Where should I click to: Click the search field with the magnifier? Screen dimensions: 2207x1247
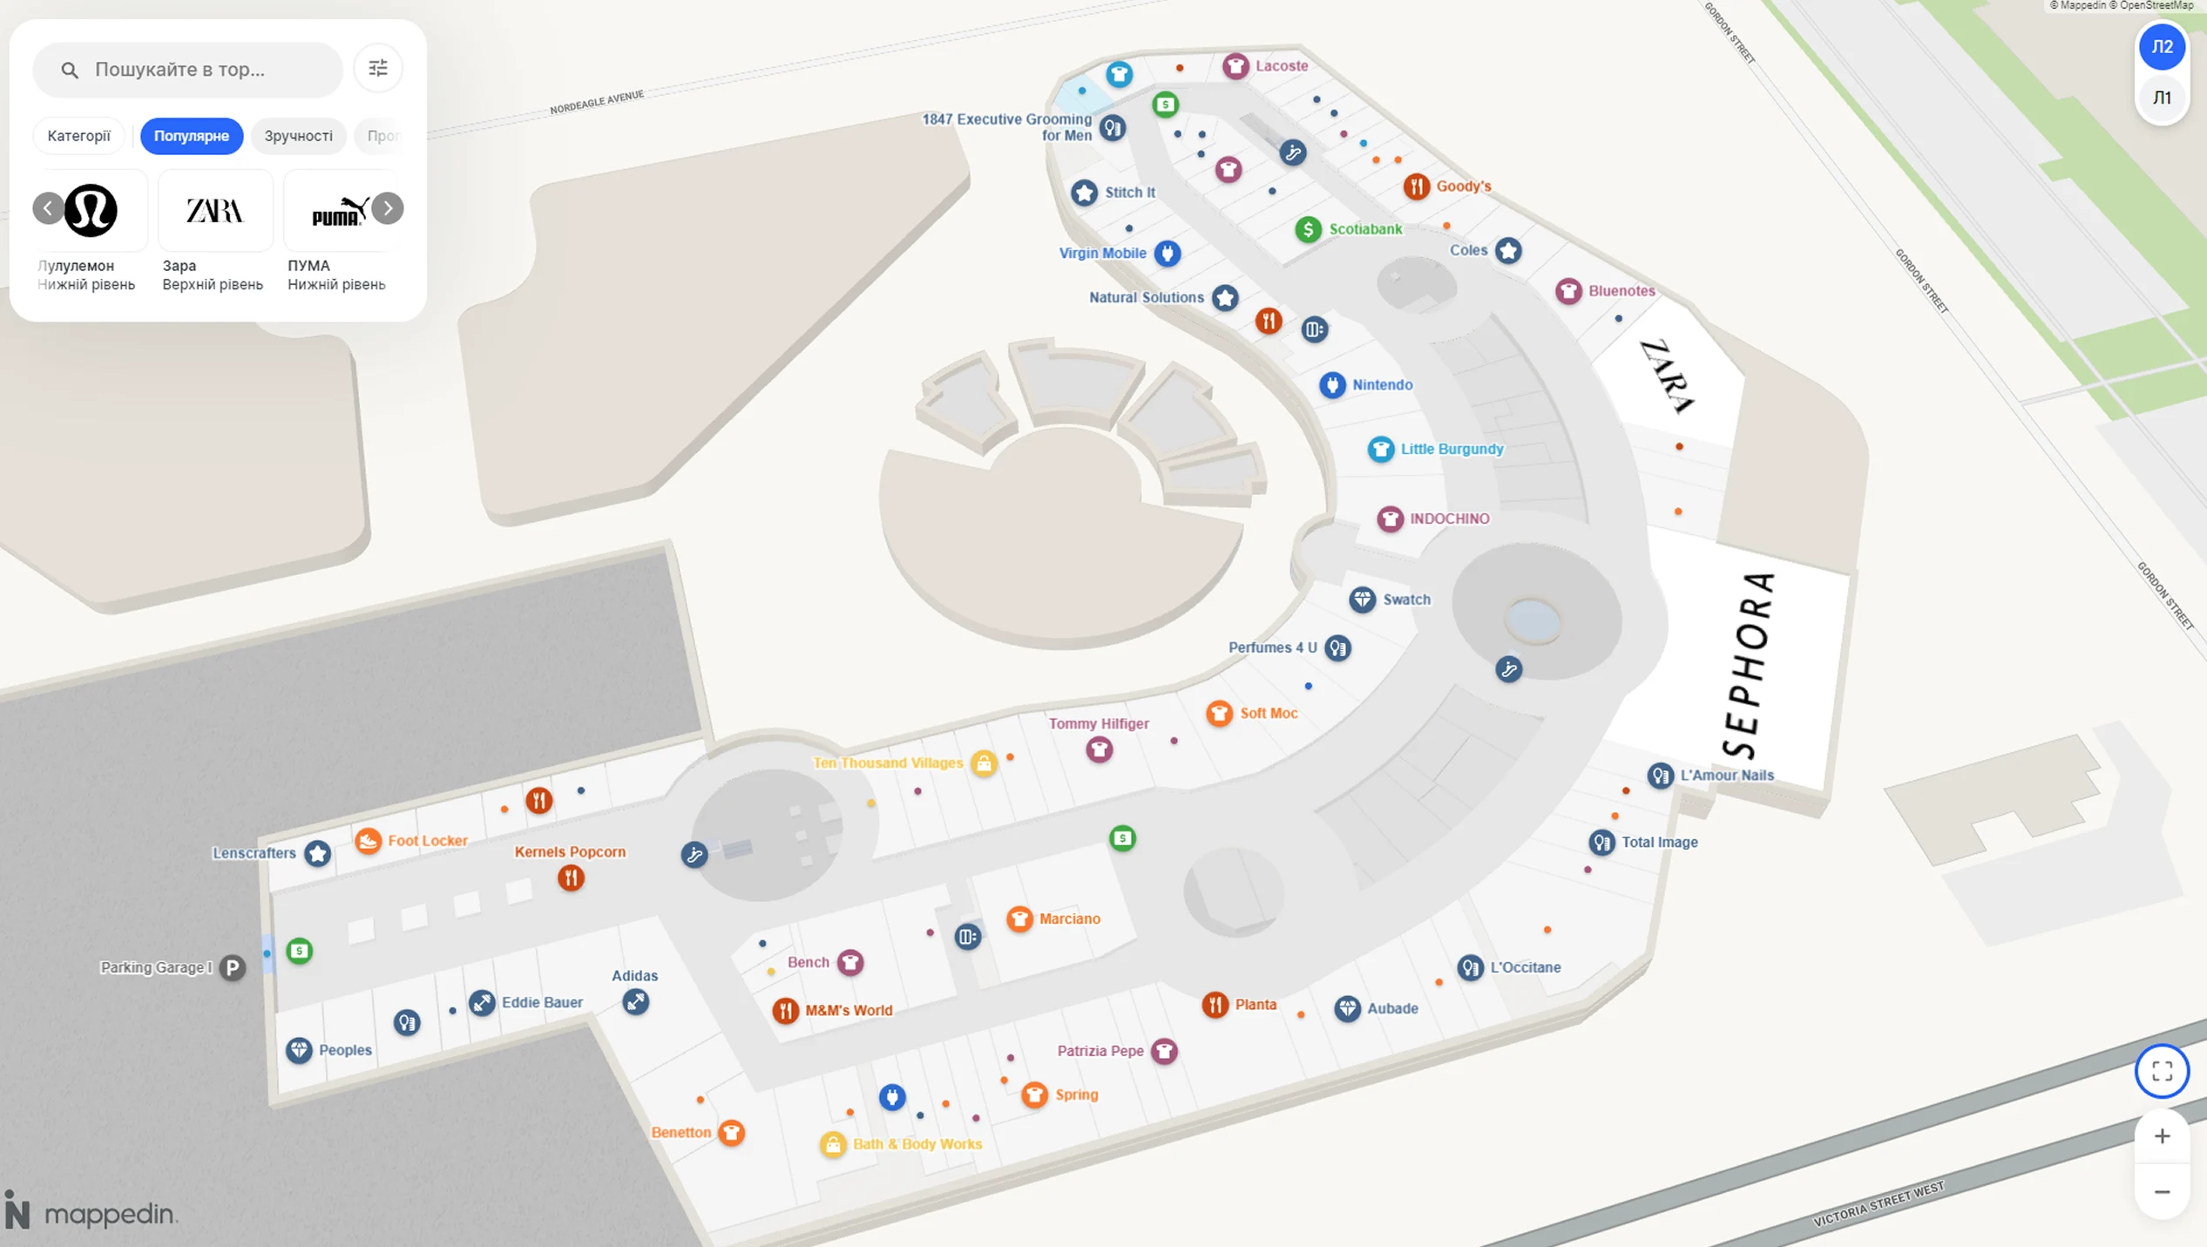pos(187,70)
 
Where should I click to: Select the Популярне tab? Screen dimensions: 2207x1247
pos(191,136)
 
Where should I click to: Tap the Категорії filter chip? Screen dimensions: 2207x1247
pos(78,136)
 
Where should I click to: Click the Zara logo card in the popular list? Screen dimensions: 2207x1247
pos(214,211)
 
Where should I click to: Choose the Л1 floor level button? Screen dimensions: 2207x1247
pos(2161,98)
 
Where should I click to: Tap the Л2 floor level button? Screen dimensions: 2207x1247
pos(2161,47)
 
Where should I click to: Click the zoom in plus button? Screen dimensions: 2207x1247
pos(2161,1135)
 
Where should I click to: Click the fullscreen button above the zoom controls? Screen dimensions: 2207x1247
pos(2161,1071)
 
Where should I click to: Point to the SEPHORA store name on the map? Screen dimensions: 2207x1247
pos(1748,666)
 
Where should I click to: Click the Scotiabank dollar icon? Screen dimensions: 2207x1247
pos(1307,229)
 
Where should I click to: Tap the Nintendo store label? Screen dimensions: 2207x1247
pos(1382,385)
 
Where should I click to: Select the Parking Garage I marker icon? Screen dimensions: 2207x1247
pos(232,967)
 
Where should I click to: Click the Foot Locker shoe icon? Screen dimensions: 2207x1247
pos(368,841)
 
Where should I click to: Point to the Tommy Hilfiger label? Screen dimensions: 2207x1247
pos(1098,723)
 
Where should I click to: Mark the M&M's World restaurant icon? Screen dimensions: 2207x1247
pos(785,1011)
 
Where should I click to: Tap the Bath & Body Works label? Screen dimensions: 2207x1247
pos(917,1144)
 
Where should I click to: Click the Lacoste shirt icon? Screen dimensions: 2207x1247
pos(1235,66)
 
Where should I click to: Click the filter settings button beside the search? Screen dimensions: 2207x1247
pos(378,68)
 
